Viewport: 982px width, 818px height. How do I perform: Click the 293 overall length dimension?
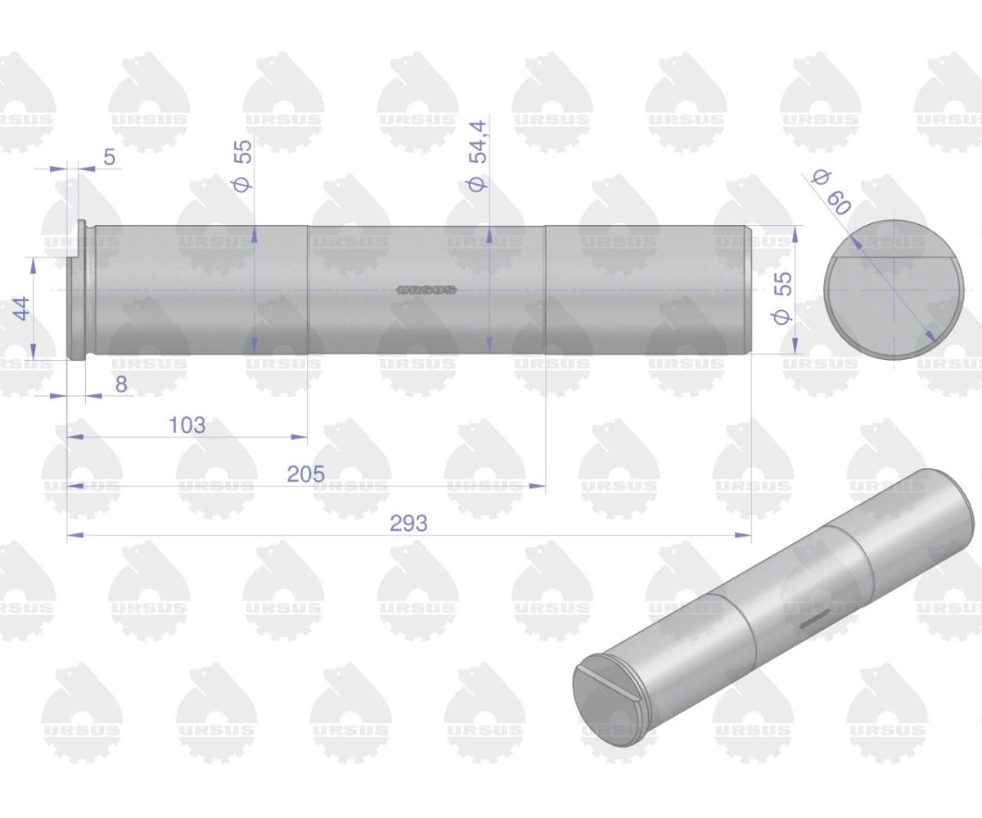[x=408, y=524]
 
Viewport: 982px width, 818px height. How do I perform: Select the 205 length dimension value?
[x=306, y=474]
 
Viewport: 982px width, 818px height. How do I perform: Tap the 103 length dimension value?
[x=187, y=425]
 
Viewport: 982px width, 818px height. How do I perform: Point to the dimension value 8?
[x=121, y=384]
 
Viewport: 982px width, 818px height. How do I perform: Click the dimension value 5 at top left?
[x=110, y=157]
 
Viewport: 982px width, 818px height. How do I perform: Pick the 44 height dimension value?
[x=22, y=308]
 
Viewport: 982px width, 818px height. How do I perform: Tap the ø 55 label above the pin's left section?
[x=243, y=164]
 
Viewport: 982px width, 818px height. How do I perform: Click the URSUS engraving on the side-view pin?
[x=426, y=290]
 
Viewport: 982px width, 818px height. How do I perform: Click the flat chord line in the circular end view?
[x=894, y=258]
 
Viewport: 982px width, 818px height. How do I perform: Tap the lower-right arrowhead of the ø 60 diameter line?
[x=931, y=336]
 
